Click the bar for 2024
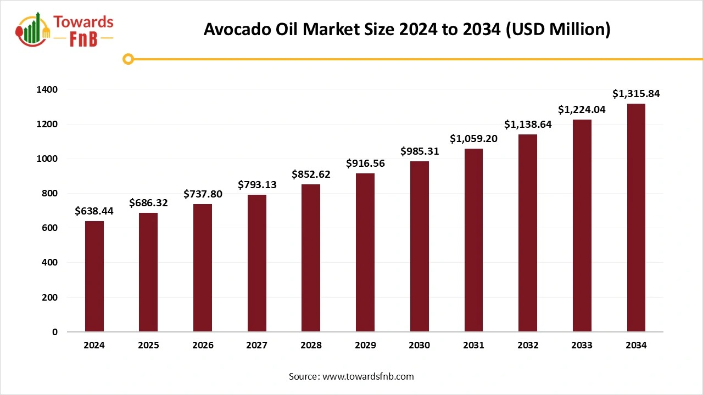tap(94, 276)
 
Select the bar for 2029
tap(365, 252)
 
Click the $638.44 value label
tap(94, 211)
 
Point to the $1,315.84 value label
tap(636, 94)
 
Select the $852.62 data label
tap(311, 174)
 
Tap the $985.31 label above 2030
tap(420, 151)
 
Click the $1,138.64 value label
tap(528, 125)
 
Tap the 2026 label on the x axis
tap(203, 346)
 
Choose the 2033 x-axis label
tap(582, 346)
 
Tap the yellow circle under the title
tap(129, 59)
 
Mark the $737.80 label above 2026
tap(203, 194)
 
